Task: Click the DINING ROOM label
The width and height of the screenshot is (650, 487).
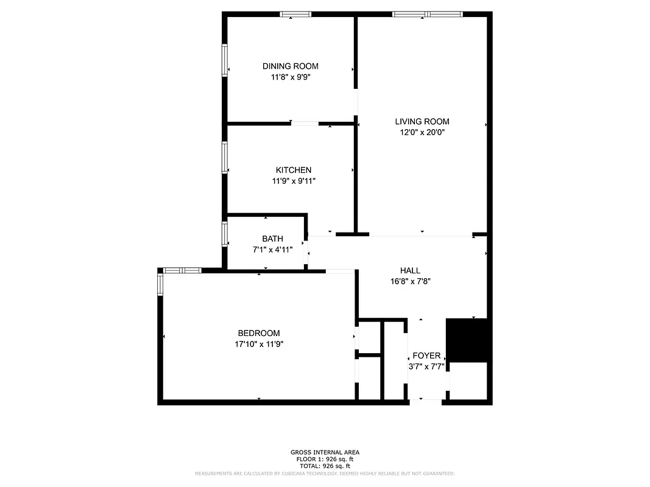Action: click(290, 66)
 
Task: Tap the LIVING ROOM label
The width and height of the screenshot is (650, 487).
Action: click(422, 122)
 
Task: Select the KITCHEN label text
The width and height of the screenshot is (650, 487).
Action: click(293, 170)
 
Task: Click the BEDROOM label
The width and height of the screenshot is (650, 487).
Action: click(258, 333)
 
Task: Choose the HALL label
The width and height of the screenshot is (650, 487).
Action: click(410, 270)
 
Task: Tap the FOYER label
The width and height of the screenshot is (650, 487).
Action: click(426, 356)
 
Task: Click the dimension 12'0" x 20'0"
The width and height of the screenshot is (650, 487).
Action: click(422, 132)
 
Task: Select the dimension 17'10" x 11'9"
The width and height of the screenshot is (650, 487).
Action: click(259, 344)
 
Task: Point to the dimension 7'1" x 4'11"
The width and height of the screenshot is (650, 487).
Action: click(273, 250)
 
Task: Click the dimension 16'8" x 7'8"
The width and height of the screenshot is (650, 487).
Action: click(411, 281)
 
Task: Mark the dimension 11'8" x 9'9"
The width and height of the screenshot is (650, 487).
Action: click(291, 77)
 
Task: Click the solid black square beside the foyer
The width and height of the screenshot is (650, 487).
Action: click(468, 340)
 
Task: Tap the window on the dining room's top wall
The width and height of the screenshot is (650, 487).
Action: click(295, 14)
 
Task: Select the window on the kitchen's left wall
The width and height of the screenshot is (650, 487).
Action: click(225, 157)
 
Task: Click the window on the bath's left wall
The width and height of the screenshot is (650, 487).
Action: click(225, 234)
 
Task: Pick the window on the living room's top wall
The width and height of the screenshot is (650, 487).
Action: click(428, 14)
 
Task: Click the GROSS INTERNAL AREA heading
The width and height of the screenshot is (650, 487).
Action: click(325, 452)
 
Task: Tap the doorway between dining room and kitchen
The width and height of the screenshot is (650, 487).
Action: click(305, 124)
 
